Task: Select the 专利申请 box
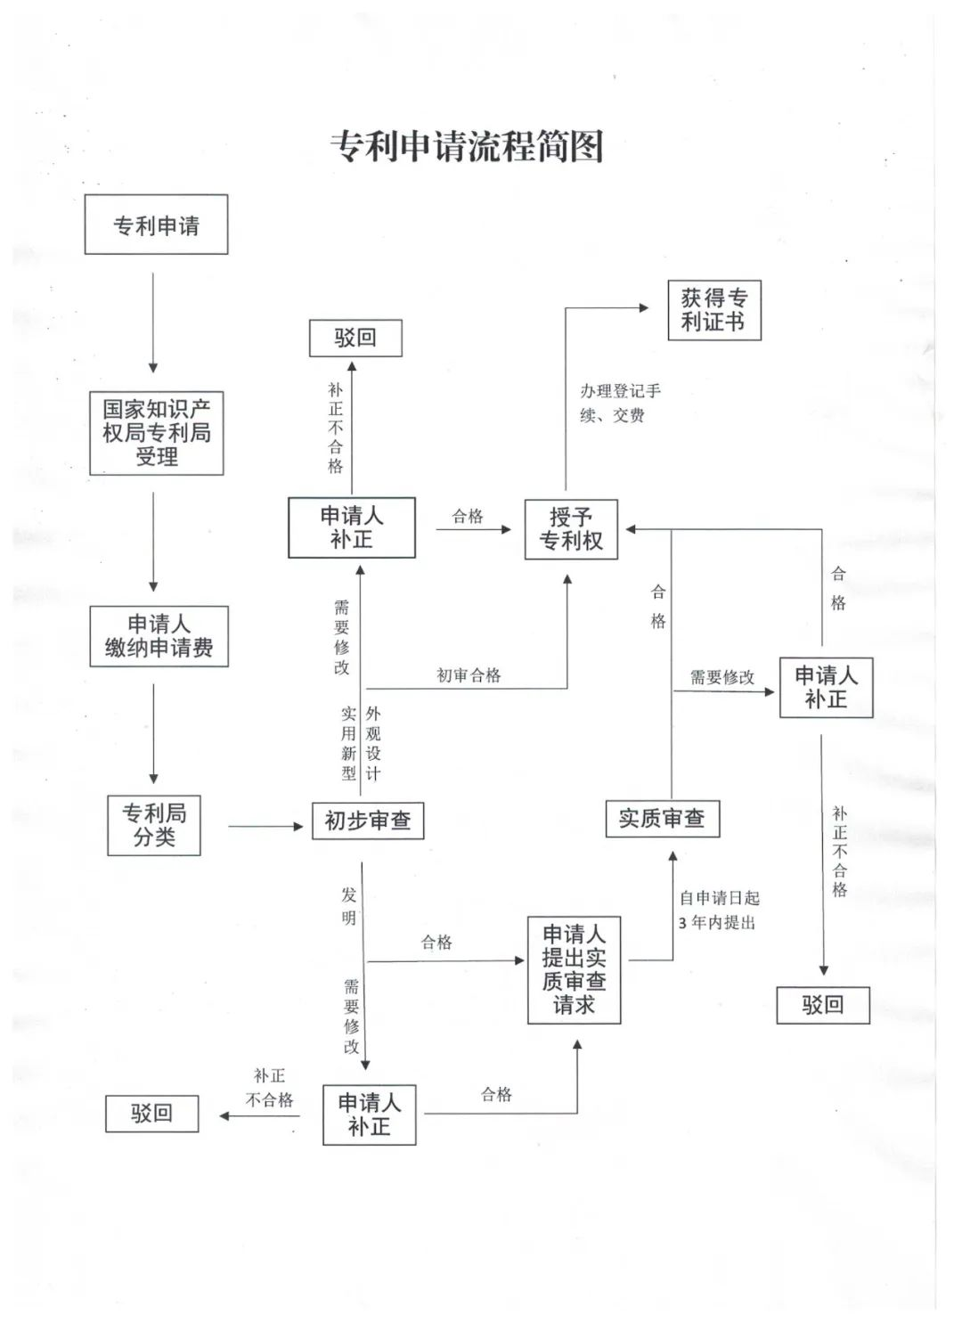click(x=156, y=225)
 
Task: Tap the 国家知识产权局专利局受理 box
click(x=156, y=433)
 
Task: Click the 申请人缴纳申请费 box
click(x=159, y=636)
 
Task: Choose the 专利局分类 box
click(x=154, y=825)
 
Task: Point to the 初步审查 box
click(x=368, y=821)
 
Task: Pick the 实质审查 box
click(x=662, y=818)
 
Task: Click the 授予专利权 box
click(x=571, y=529)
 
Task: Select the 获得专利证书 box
click(x=713, y=310)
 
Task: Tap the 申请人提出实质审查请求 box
click(x=574, y=969)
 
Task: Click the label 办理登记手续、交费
click(x=620, y=403)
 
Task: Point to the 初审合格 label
click(x=469, y=675)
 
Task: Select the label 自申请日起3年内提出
click(x=718, y=910)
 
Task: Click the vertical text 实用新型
click(x=348, y=744)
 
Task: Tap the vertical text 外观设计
click(x=373, y=744)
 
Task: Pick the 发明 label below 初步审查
click(x=349, y=906)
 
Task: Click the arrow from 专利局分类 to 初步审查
click(x=265, y=827)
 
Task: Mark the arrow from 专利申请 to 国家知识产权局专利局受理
click(x=153, y=323)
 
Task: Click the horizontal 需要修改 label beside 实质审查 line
click(x=721, y=677)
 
